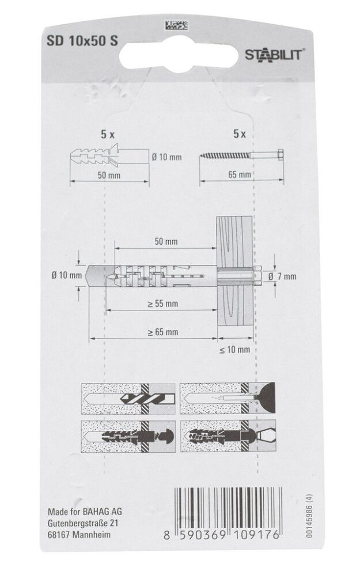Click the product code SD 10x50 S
pyautogui.click(x=82, y=41)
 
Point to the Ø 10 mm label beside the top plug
pyautogui.click(x=167, y=157)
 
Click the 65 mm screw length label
pyautogui.click(x=240, y=175)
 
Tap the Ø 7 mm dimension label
pyautogui.click(x=282, y=276)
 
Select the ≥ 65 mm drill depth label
pyautogui.click(x=163, y=332)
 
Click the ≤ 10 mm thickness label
pyautogui.click(x=235, y=350)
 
